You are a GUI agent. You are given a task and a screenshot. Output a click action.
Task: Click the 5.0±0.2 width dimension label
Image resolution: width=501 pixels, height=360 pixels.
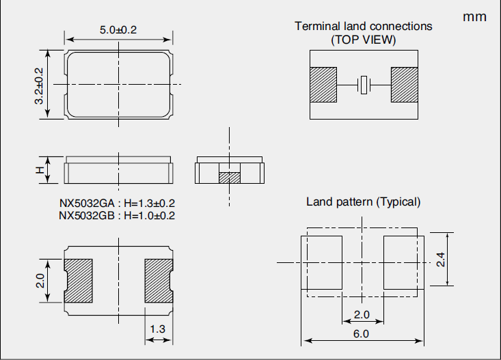tap(118, 30)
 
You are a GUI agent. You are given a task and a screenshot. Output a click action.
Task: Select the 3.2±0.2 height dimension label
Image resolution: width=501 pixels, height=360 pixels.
tap(39, 85)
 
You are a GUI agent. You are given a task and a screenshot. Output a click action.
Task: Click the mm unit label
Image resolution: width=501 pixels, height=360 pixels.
tap(474, 16)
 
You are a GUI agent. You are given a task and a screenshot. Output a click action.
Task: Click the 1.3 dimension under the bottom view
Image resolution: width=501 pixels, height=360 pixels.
tap(158, 329)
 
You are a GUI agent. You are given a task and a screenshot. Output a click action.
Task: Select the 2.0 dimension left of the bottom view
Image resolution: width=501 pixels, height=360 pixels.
tap(40, 281)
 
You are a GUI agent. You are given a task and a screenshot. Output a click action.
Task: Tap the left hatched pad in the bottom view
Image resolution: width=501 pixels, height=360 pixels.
tap(78, 280)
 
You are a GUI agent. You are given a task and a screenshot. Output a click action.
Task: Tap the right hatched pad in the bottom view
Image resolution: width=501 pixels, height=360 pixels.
tap(158, 280)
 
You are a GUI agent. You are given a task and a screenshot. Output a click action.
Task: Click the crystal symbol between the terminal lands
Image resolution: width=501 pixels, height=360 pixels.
tap(364, 85)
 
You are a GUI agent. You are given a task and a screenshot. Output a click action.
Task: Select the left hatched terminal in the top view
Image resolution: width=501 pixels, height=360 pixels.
tap(323, 85)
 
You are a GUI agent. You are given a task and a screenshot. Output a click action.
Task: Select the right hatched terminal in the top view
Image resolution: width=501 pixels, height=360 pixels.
tap(404, 85)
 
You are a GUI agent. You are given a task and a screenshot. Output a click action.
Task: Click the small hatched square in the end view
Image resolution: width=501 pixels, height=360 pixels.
tap(230, 177)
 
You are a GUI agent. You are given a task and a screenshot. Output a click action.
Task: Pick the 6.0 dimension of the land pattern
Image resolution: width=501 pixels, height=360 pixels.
tap(362, 333)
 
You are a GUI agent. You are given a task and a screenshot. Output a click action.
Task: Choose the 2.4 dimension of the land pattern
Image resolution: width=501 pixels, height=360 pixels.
tap(441, 260)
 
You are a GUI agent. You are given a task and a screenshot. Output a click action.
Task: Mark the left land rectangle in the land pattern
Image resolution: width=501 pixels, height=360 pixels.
tap(321, 262)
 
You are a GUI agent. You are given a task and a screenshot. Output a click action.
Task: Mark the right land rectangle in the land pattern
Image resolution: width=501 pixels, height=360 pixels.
tap(403, 262)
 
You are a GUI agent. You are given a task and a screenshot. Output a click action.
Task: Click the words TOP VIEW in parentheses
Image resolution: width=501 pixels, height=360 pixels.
tap(364, 40)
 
